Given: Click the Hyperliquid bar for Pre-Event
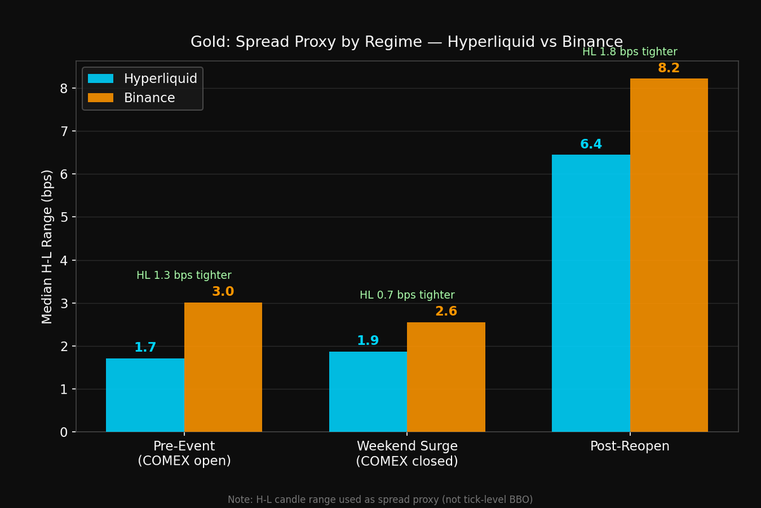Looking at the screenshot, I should click(x=145, y=395).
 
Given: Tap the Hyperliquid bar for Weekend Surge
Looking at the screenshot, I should click(x=368, y=392).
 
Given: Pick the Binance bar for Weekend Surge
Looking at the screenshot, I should click(x=446, y=377).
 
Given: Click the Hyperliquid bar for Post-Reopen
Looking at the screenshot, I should click(x=591, y=293).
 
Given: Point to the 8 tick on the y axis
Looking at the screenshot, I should click(x=64, y=88).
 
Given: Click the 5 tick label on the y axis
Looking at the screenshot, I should click(x=64, y=217).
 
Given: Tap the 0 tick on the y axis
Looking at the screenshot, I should click(x=64, y=432).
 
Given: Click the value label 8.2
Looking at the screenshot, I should click(x=668, y=68).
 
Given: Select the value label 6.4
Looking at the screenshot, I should click(x=591, y=144).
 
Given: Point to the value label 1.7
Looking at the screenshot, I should click(x=145, y=347).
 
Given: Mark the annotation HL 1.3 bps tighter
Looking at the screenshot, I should click(x=184, y=276).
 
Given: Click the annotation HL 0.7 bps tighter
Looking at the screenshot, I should click(x=407, y=295).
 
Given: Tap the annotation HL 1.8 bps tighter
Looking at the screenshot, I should click(x=630, y=52).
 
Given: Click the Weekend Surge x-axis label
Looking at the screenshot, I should click(x=407, y=453).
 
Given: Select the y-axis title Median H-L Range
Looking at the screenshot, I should click(x=48, y=246).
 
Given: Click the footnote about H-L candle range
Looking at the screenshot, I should click(x=380, y=500).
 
